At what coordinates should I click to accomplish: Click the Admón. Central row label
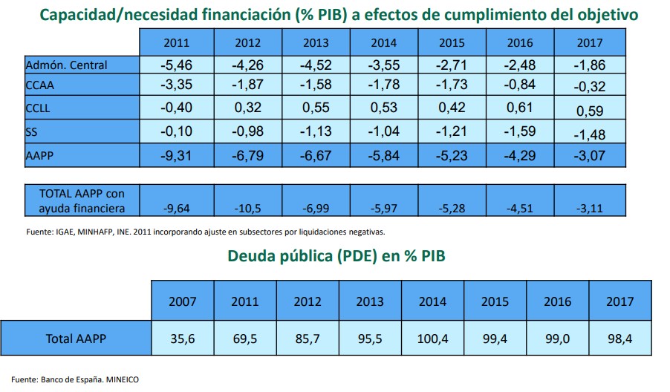coord(67,65)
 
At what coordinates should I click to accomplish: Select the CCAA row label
coord(40,85)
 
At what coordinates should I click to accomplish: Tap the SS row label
coord(32,132)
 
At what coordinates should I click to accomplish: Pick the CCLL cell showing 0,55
coord(316,108)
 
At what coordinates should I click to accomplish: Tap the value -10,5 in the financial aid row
coord(247,206)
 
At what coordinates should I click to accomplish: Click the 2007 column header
coord(183,301)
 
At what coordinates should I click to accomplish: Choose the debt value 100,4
coord(432,339)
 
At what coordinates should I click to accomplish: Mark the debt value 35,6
coord(183,339)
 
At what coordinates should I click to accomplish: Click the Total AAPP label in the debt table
coord(76,339)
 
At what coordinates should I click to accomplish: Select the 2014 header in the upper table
coord(383,42)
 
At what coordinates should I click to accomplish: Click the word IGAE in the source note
coord(66,232)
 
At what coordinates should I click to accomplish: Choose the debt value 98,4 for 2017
coord(619,339)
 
